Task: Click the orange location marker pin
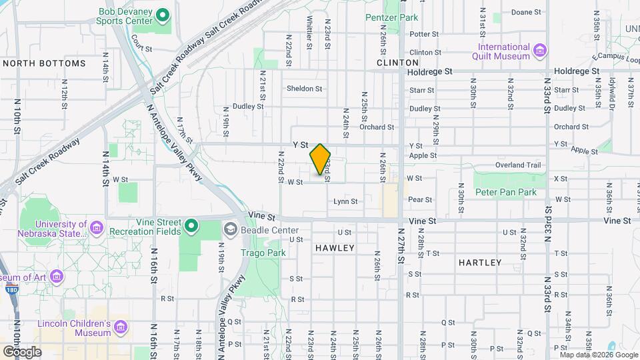click(320, 159)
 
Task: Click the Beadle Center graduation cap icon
click(231, 229)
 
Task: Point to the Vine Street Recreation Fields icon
click(191, 225)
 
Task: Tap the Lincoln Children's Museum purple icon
click(121, 327)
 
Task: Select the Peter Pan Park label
click(505, 192)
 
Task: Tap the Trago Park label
click(267, 253)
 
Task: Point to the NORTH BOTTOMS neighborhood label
click(45, 63)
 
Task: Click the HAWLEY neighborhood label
click(335, 248)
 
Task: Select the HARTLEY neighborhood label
click(480, 263)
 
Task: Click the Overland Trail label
click(517, 165)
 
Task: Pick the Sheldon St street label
click(304, 88)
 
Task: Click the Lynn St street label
click(345, 201)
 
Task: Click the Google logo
click(22, 351)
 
